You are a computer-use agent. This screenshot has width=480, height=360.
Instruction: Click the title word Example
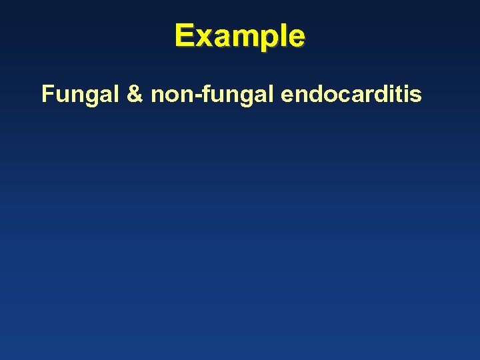click(x=240, y=36)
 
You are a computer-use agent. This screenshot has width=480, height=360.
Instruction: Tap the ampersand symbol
click(x=134, y=95)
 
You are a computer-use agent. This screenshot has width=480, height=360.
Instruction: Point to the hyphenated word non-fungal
click(x=213, y=95)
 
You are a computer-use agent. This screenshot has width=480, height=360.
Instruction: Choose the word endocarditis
click(x=351, y=95)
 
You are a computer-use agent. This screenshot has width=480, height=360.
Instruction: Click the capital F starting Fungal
click(x=47, y=95)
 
